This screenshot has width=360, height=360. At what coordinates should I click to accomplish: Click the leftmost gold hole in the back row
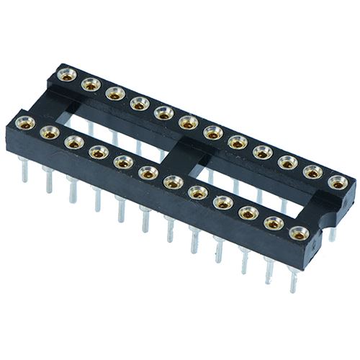click(66, 73)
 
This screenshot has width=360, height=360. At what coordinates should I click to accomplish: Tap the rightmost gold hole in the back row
click(337, 183)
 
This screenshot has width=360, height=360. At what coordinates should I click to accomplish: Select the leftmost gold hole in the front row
click(25, 122)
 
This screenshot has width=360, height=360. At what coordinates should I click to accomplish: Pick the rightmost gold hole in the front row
click(298, 233)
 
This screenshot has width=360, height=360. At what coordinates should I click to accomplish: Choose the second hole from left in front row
click(50, 132)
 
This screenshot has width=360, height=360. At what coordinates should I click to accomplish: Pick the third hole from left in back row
click(114, 94)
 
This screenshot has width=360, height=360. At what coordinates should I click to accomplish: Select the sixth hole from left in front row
click(148, 172)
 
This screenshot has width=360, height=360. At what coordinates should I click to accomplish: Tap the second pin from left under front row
click(48, 180)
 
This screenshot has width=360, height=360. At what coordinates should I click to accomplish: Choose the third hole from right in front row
click(248, 212)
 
